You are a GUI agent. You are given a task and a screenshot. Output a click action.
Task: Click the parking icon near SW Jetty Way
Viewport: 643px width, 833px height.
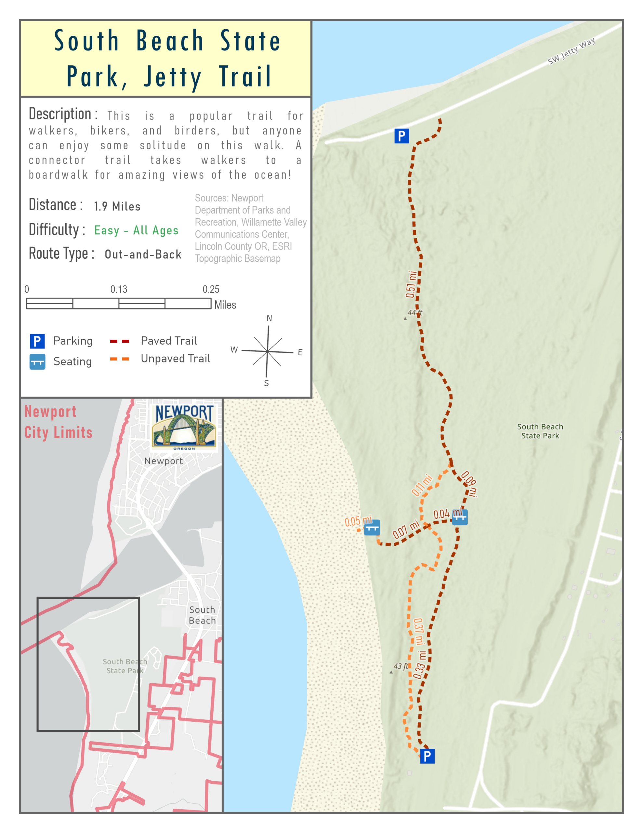coord(401,136)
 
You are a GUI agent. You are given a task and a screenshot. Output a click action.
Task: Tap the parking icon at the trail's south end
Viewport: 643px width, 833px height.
coord(427,756)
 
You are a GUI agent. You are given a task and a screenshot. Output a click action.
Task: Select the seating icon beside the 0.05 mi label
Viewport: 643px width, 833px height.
coord(372,528)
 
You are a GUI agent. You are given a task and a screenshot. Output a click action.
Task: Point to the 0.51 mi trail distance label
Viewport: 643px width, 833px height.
coord(411,284)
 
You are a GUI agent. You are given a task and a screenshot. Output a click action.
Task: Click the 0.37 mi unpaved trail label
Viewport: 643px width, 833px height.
coord(418,631)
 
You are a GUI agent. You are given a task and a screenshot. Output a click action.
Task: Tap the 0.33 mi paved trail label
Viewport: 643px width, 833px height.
coord(420,665)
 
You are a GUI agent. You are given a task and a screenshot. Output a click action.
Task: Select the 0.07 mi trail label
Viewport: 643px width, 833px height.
coord(406,529)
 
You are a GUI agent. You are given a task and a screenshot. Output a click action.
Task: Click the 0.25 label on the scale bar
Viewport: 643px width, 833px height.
coord(211,289)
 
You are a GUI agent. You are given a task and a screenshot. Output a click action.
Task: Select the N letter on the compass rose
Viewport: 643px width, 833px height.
coord(269,318)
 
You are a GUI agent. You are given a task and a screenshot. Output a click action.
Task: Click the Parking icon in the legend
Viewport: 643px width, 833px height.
coord(37,341)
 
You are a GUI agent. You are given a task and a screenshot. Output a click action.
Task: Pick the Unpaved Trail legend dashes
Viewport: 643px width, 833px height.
coord(119,359)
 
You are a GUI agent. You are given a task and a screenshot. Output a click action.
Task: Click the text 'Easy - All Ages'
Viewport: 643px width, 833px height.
coord(136,230)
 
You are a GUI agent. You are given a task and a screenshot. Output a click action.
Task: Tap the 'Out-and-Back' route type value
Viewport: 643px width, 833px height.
coord(143,254)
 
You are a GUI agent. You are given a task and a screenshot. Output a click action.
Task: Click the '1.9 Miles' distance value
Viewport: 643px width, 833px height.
coord(117,206)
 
